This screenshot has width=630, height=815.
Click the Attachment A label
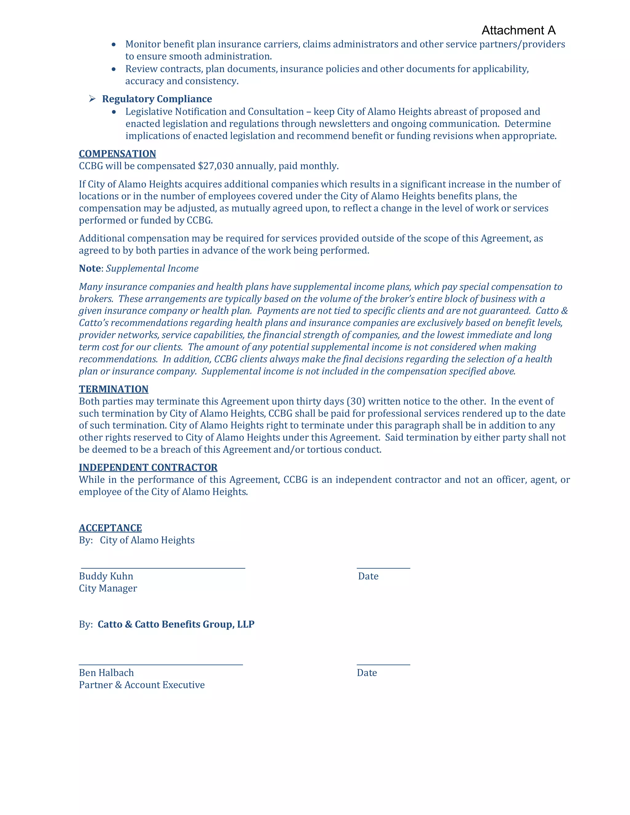point(518,30)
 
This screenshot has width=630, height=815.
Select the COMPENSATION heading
point(117,154)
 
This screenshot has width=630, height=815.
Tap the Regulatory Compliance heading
point(157,99)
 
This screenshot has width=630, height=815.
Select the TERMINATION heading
point(114,389)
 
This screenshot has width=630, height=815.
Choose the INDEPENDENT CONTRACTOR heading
point(148,467)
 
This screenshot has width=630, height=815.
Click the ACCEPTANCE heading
point(110,528)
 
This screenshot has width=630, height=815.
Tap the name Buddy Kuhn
point(106,576)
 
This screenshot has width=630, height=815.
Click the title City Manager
point(108,588)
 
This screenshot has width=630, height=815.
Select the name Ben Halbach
point(106,673)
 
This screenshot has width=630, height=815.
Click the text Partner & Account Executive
point(142,685)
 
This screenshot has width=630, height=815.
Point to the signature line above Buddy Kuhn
point(163,568)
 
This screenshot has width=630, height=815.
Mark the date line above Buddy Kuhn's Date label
point(383,568)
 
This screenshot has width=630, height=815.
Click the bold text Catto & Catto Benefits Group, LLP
point(176,624)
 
